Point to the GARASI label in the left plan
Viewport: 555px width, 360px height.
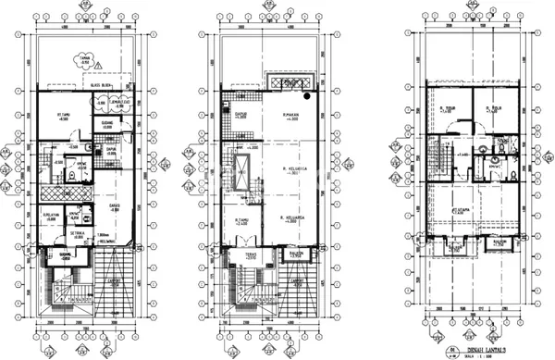pos(115,210)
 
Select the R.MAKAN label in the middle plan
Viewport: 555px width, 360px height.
pos(293,118)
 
